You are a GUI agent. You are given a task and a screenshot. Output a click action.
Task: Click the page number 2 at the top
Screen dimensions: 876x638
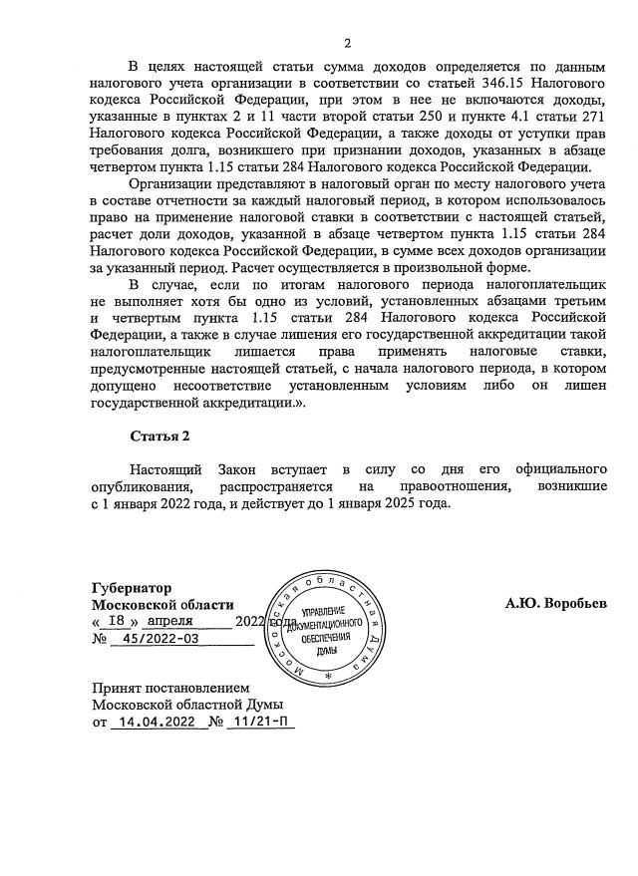coord(347,42)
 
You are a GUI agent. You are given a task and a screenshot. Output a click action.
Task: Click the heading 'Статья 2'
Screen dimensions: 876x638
coord(159,436)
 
